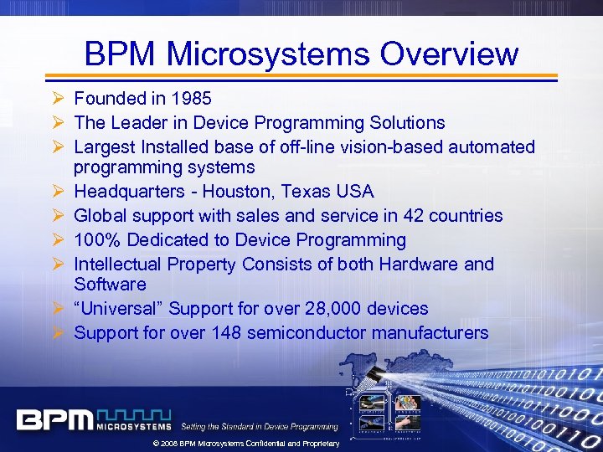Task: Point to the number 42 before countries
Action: (414, 216)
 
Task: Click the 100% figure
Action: (95, 240)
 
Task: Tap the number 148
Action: (224, 332)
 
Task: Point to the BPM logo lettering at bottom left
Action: (54, 419)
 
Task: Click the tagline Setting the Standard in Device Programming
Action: (260, 427)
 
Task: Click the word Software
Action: (110, 285)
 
